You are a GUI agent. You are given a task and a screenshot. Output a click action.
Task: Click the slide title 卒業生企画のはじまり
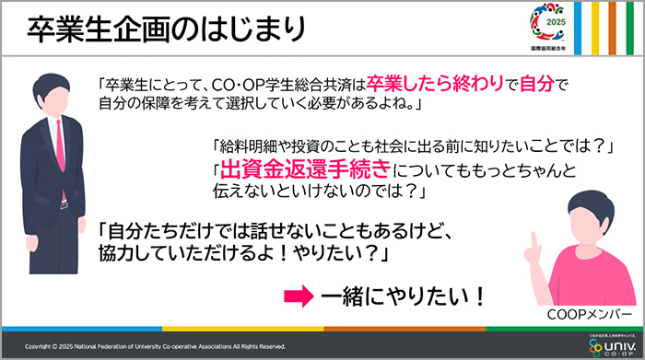[x=165, y=29]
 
